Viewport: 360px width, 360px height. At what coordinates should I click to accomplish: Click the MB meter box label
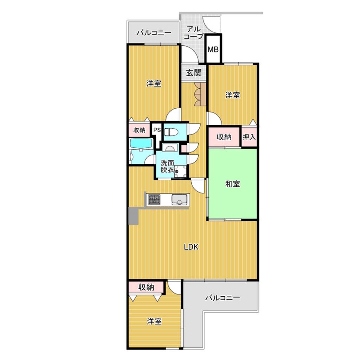[213, 49]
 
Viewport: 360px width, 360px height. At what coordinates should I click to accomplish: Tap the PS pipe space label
[157, 130]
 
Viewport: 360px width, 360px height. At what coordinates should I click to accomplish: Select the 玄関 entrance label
[194, 73]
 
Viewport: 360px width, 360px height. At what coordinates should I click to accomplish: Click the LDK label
[191, 247]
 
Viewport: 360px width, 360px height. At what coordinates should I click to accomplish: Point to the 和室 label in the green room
[233, 184]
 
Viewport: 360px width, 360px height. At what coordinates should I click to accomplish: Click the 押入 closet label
[249, 137]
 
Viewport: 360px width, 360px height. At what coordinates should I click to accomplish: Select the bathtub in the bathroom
[141, 144]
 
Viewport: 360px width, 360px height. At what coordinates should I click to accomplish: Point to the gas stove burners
[154, 200]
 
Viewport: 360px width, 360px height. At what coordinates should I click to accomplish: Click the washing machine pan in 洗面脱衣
[180, 171]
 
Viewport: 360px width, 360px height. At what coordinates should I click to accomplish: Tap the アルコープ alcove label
[194, 33]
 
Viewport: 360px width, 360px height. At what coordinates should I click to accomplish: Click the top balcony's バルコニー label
[154, 33]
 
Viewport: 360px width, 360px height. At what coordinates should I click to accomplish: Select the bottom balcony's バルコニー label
[223, 298]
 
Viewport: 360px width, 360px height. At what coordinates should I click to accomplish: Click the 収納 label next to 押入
[224, 137]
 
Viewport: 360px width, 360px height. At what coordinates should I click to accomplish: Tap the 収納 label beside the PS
[139, 130]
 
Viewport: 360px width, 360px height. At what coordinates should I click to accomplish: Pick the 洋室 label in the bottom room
[154, 321]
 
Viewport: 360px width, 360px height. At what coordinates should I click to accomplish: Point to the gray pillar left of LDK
[134, 216]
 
